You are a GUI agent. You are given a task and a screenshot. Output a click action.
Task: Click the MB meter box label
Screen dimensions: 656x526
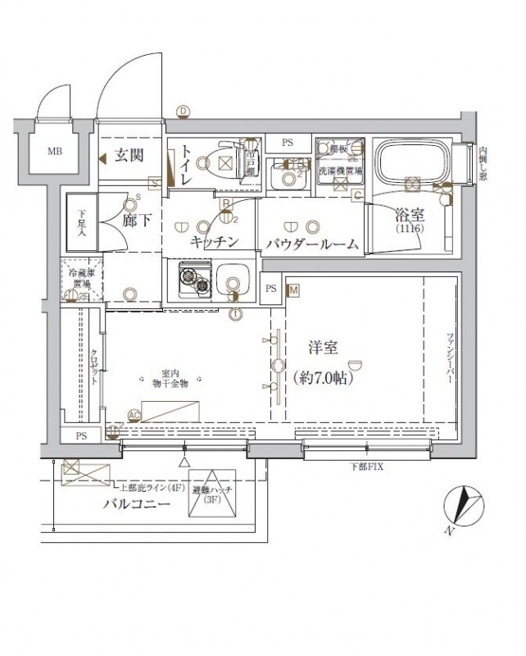tap(54, 151)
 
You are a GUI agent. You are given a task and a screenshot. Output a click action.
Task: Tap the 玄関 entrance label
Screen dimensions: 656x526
tap(129, 156)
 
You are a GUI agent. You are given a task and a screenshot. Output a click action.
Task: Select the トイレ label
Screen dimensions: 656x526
tap(187, 163)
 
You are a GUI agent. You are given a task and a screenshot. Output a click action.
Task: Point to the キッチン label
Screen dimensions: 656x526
tap(214, 242)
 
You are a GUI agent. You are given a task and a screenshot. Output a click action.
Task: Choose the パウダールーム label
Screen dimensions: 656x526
tap(312, 243)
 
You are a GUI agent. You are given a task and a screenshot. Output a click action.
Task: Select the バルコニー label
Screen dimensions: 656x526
tap(137, 504)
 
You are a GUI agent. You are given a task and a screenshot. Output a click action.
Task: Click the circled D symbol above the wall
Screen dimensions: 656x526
tap(184, 112)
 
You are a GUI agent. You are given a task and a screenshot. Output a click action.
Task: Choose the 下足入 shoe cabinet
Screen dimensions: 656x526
tap(82, 221)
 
